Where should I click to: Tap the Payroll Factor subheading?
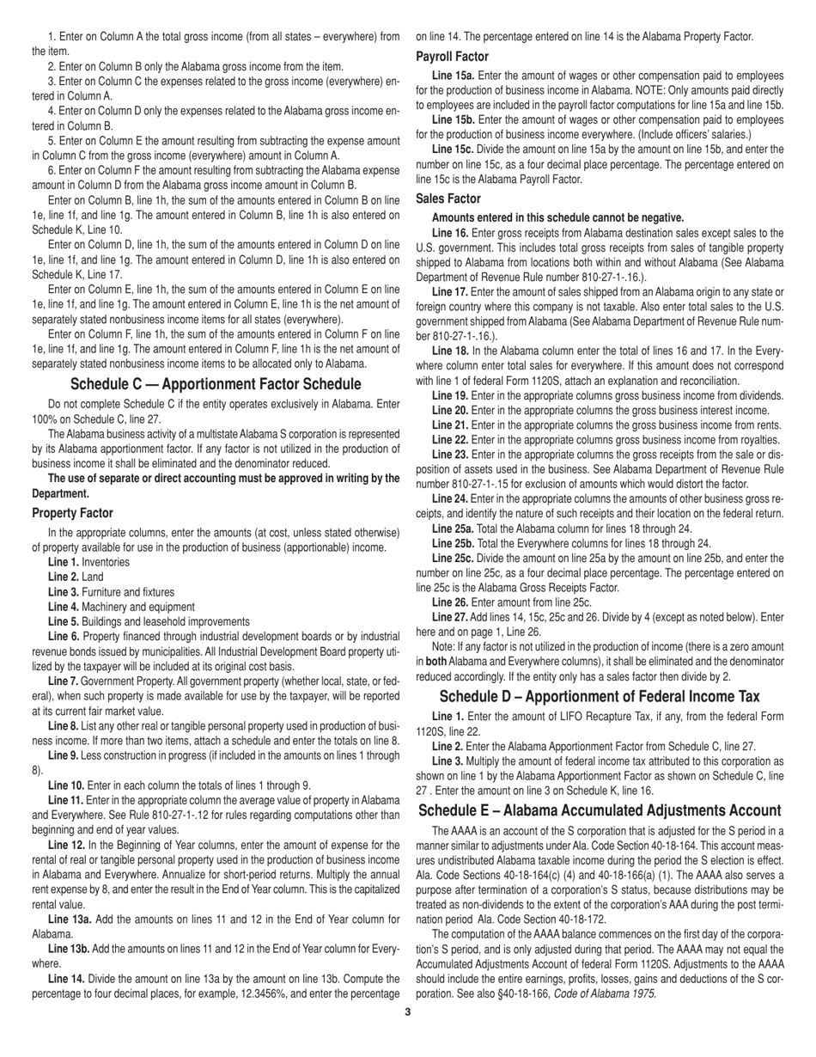tap(452, 57)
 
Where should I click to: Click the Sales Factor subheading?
tap(448, 199)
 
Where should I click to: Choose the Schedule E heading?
tap(600, 810)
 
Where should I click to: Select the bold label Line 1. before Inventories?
tap(64, 562)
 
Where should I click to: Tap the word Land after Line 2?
tap(92, 577)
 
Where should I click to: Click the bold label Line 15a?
tap(453, 76)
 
